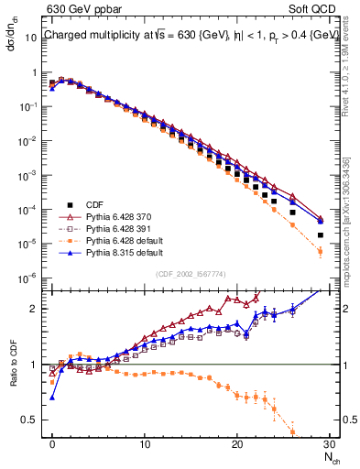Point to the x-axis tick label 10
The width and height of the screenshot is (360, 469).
click(x=145, y=443)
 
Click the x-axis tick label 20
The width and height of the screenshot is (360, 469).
click(x=236, y=443)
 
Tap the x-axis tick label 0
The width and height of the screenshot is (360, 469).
click(x=52, y=443)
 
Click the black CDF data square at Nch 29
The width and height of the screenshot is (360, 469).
click(x=320, y=235)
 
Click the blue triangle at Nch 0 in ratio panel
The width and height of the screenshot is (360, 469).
click(x=52, y=398)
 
